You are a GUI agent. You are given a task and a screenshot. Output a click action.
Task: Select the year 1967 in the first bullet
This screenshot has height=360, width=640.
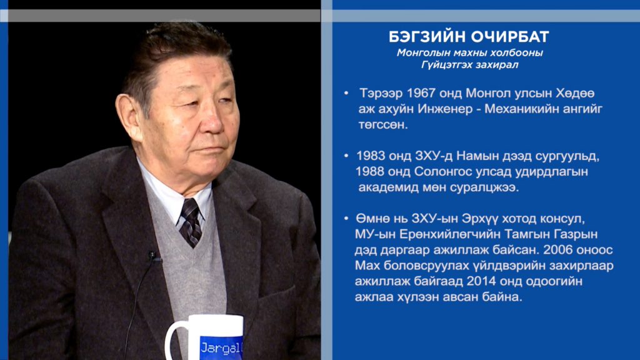pos(422,93)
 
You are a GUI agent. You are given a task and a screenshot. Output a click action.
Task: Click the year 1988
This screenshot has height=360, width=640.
pos(369,171)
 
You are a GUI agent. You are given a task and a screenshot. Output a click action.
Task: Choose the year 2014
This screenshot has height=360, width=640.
pos(481,281)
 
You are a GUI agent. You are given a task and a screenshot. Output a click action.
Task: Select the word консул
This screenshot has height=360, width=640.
pos(562,219)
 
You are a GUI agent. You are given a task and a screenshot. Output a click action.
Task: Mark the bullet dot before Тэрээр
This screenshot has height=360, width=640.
pos(346,94)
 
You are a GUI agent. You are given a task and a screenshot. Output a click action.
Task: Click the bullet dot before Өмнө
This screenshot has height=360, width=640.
pos(346,219)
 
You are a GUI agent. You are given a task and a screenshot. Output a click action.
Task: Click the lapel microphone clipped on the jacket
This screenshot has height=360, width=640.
pos(152,256)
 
